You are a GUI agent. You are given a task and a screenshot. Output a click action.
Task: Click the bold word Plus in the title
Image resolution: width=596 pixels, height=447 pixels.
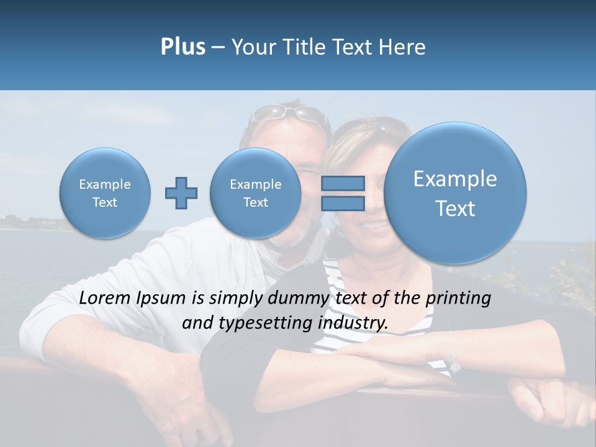click(x=183, y=47)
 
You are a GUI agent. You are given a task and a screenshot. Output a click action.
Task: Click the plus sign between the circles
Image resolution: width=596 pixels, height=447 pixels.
click(x=181, y=192)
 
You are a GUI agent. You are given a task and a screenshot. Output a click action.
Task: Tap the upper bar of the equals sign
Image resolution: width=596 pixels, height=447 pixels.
click(x=343, y=183)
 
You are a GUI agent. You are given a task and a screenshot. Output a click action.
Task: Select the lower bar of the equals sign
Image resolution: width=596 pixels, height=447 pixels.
click(x=343, y=203)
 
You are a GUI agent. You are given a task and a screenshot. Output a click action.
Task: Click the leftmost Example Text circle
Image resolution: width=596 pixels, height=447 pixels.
click(x=105, y=193)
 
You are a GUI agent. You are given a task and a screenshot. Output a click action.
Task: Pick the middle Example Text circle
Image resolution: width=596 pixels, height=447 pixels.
click(x=255, y=193)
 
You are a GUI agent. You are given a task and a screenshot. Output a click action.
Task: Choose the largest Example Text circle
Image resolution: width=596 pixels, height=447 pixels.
click(x=455, y=193)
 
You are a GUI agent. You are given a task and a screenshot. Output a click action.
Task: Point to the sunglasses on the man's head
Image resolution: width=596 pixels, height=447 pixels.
click(x=289, y=113)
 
